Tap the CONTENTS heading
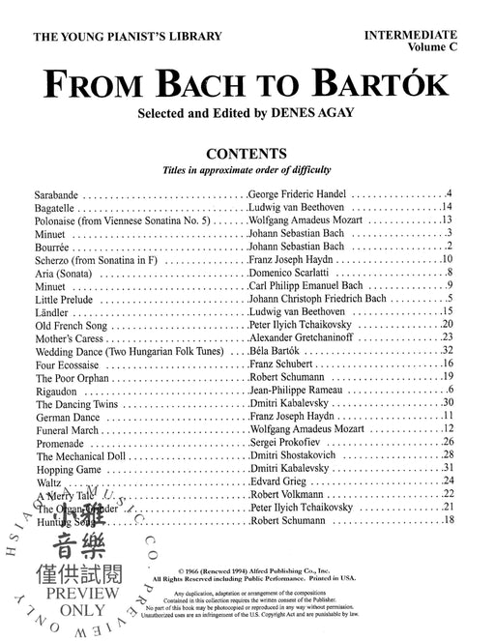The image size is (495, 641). click(x=247, y=153)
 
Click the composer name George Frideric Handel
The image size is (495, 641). click(x=305, y=193)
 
